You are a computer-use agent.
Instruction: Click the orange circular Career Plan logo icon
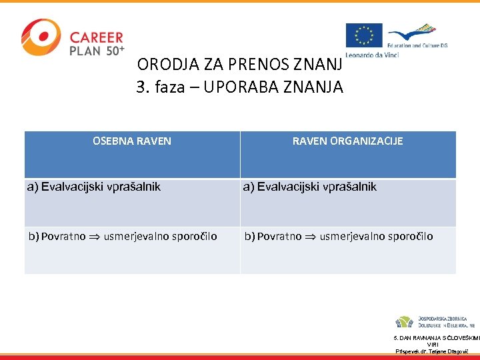41,37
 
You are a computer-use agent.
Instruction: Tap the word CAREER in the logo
97,37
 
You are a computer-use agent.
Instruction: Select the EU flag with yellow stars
364,35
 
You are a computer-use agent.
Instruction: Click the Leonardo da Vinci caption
372,54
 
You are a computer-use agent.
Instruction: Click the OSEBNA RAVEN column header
132,141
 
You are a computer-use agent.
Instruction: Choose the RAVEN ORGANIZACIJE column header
347,141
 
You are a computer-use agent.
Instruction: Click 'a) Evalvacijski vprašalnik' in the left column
94,187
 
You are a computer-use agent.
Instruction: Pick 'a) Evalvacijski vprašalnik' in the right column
310,187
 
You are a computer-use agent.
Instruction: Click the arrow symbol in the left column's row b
95,237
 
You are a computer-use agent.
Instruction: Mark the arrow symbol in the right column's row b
311,237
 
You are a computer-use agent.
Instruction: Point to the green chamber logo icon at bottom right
403,322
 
